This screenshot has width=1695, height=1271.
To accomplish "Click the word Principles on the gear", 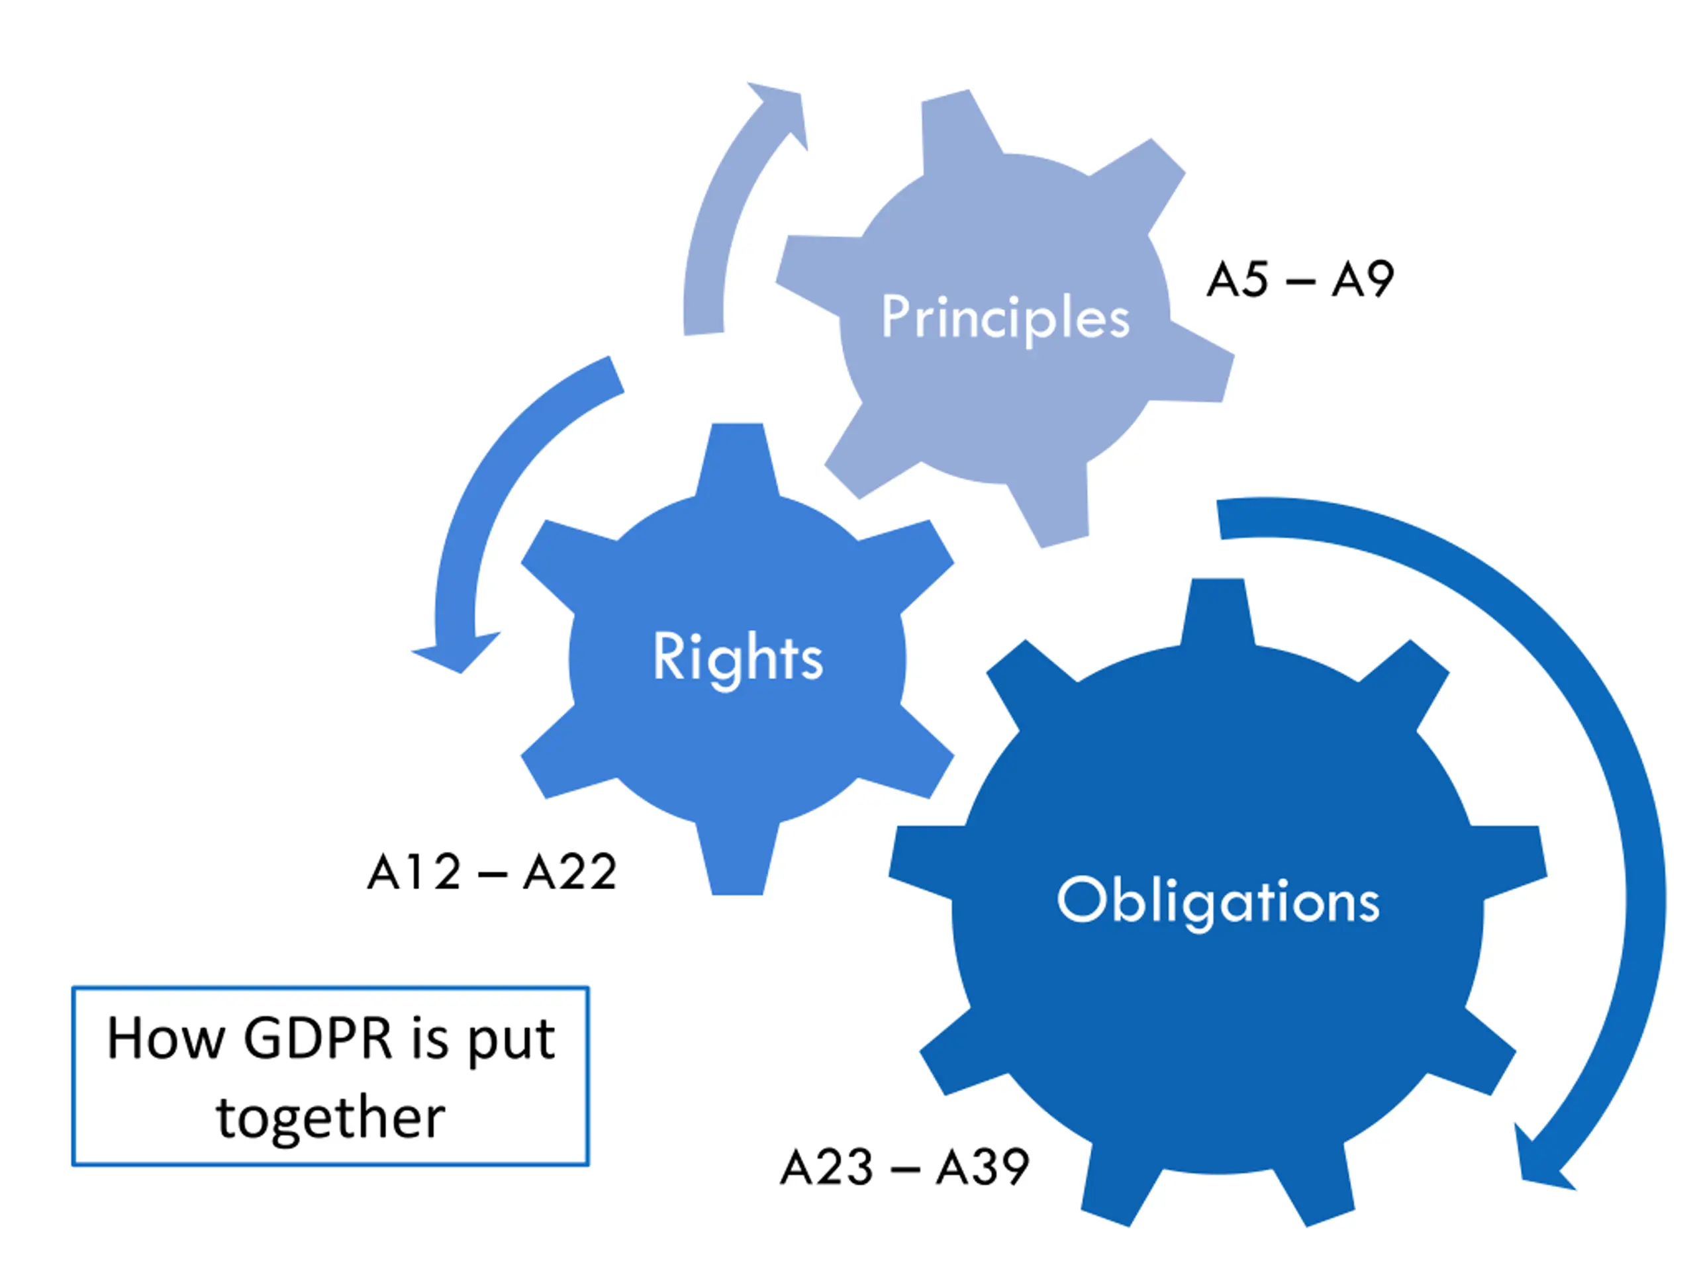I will click(x=1005, y=317).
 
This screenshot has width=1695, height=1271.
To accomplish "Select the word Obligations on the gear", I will click(x=1218, y=900).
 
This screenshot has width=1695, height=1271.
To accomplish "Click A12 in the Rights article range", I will click(x=414, y=872).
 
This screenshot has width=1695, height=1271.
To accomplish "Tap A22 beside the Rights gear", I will click(x=570, y=872).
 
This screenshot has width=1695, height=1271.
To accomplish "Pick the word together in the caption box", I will click(x=330, y=1118).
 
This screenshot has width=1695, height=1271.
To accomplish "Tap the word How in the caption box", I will click(x=166, y=1039).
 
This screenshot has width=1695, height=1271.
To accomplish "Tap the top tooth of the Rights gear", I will click(x=737, y=456).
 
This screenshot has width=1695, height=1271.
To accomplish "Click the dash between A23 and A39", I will click(x=905, y=1170).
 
